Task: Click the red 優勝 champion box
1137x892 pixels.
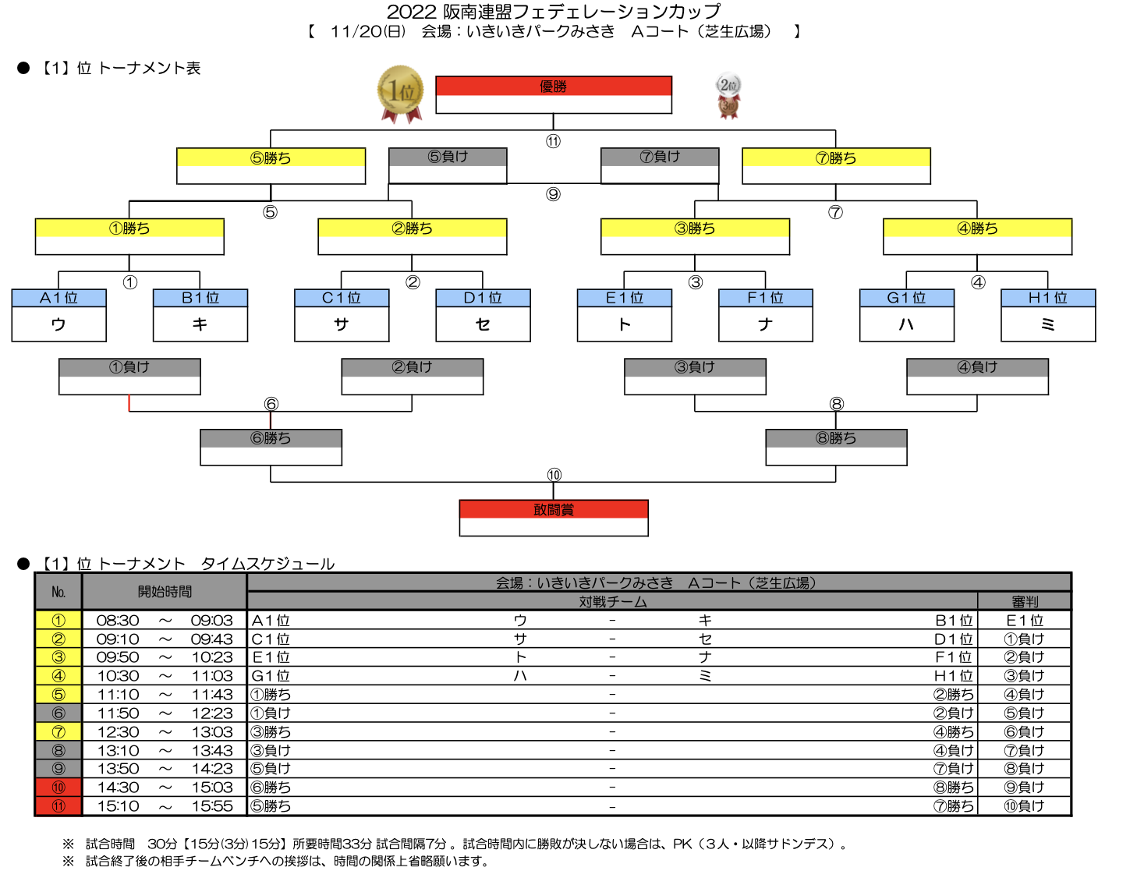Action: click(x=554, y=94)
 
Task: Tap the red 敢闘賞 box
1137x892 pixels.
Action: click(x=554, y=518)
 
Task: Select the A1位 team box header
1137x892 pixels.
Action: click(x=59, y=298)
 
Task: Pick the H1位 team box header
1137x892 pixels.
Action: click(x=1048, y=298)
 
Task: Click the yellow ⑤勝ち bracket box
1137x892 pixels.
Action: click(x=271, y=166)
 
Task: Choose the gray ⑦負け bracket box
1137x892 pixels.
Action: click(x=660, y=166)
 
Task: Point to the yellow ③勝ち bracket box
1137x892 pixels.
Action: click(x=695, y=236)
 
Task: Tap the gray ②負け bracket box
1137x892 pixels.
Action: click(x=413, y=377)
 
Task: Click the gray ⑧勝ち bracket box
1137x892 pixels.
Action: click(x=836, y=448)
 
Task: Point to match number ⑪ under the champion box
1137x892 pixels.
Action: click(x=553, y=141)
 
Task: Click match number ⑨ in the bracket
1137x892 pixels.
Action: click(x=553, y=194)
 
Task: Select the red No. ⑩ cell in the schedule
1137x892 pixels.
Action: click(x=58, y=787)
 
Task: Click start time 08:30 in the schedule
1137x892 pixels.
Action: click(x=118, y=621)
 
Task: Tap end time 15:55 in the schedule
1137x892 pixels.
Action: click(x=212, y=806)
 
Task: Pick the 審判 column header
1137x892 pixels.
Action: click(x=1024, y=602)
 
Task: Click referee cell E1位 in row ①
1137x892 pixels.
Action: click(x=1025, y=621)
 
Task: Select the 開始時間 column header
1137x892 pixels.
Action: click(x=165, y=592)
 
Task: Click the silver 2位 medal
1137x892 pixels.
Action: click(x=728, y=85)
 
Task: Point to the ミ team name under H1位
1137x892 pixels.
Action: click(x=1047, y=324)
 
